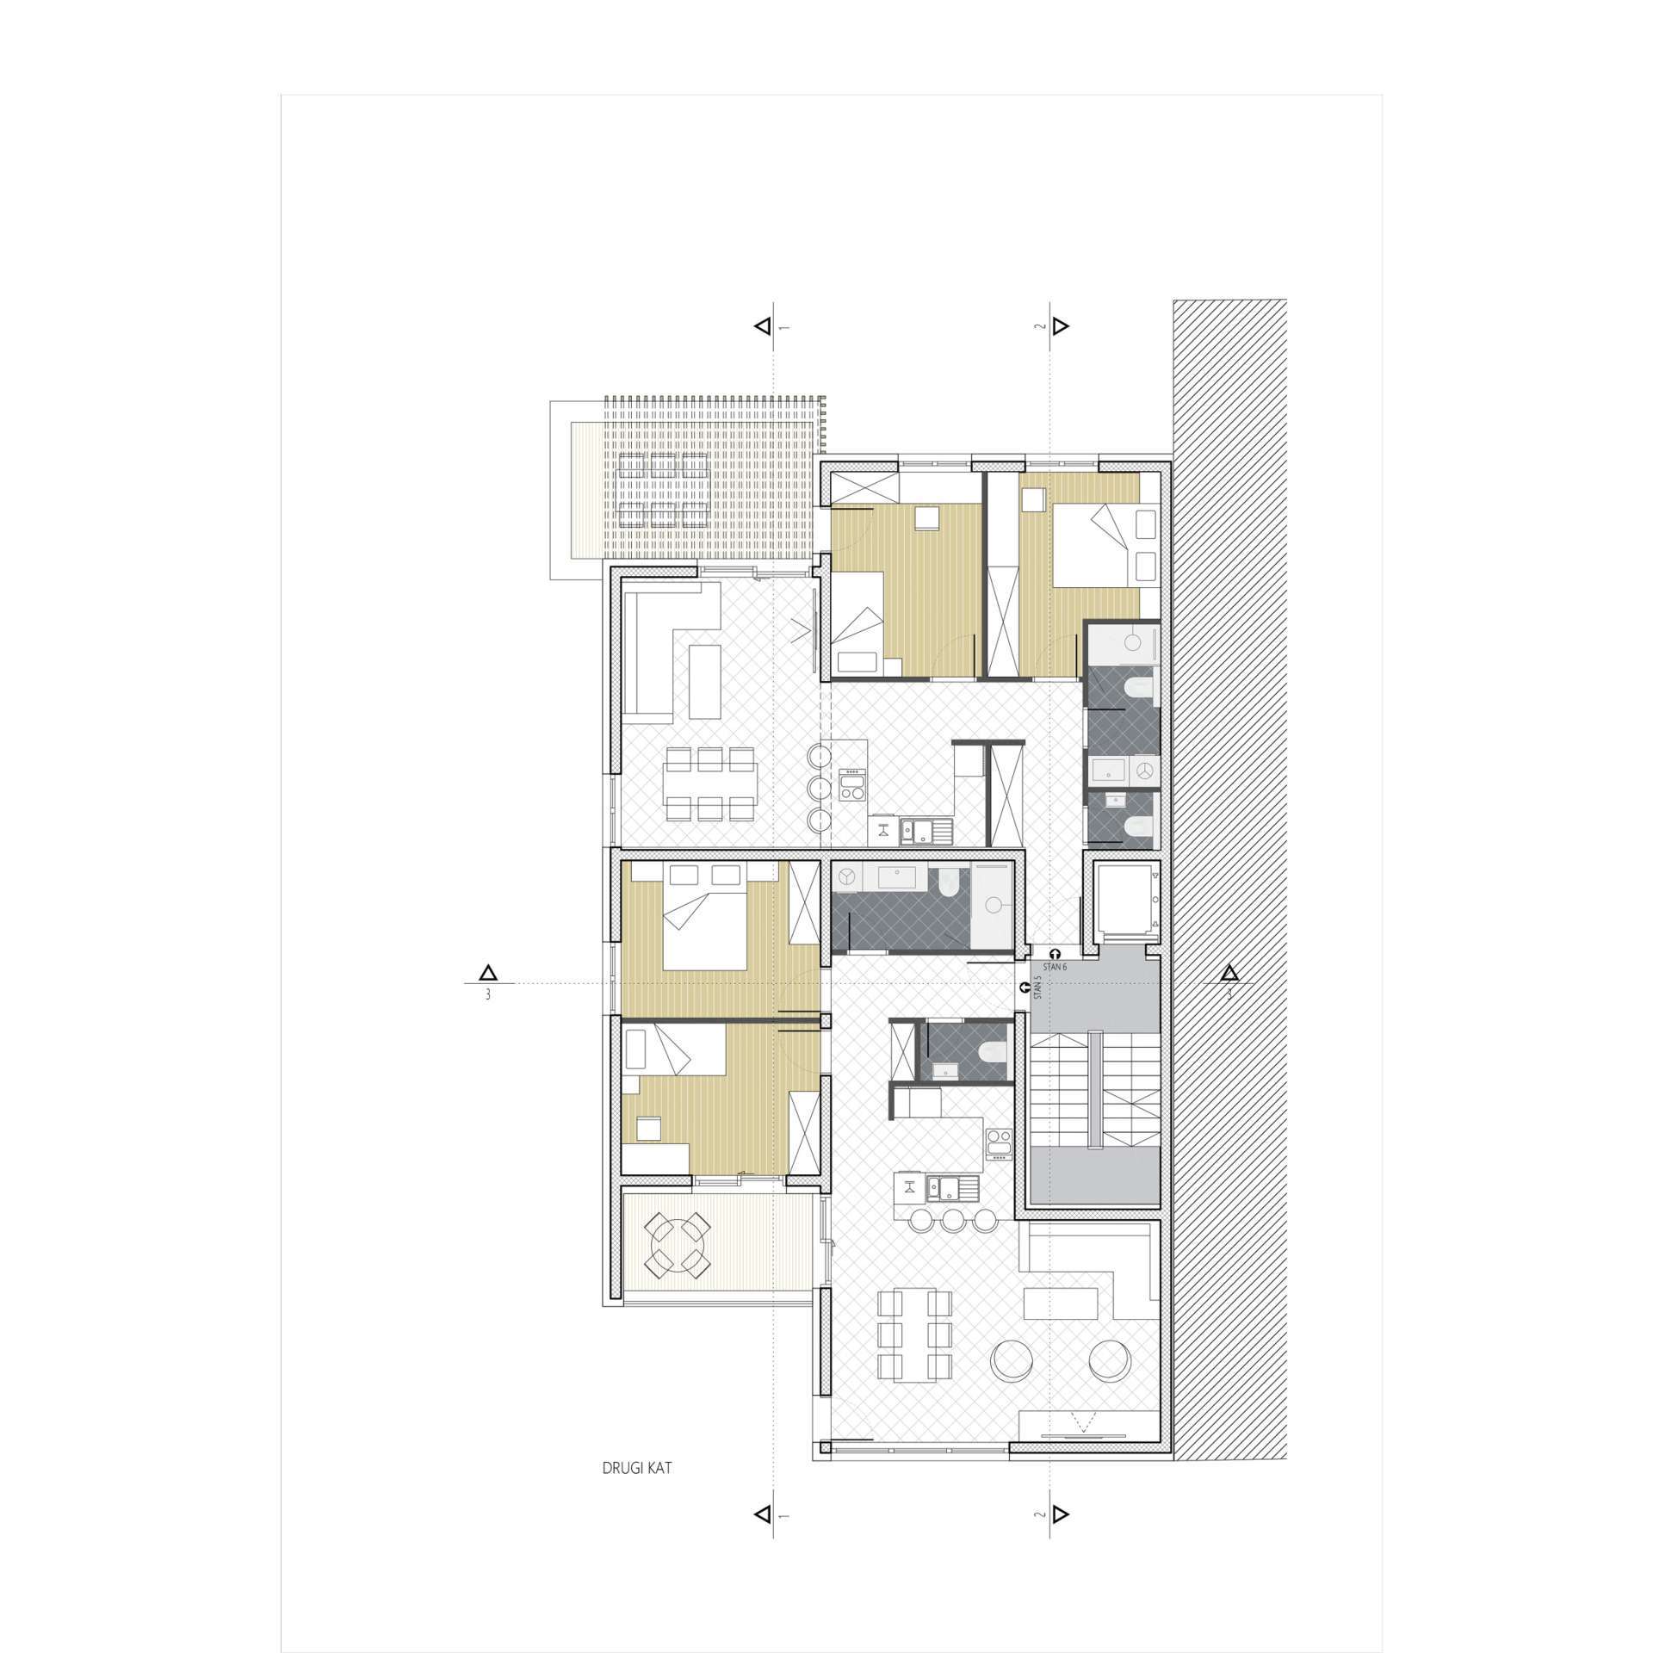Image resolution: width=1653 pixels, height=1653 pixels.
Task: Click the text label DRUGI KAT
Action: (636, 1468)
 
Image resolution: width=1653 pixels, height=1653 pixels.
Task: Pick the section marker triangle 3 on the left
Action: (488, 973)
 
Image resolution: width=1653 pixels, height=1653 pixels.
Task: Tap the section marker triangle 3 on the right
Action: (1229, 973)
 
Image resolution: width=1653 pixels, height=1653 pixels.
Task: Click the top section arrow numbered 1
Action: (762, 326)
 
